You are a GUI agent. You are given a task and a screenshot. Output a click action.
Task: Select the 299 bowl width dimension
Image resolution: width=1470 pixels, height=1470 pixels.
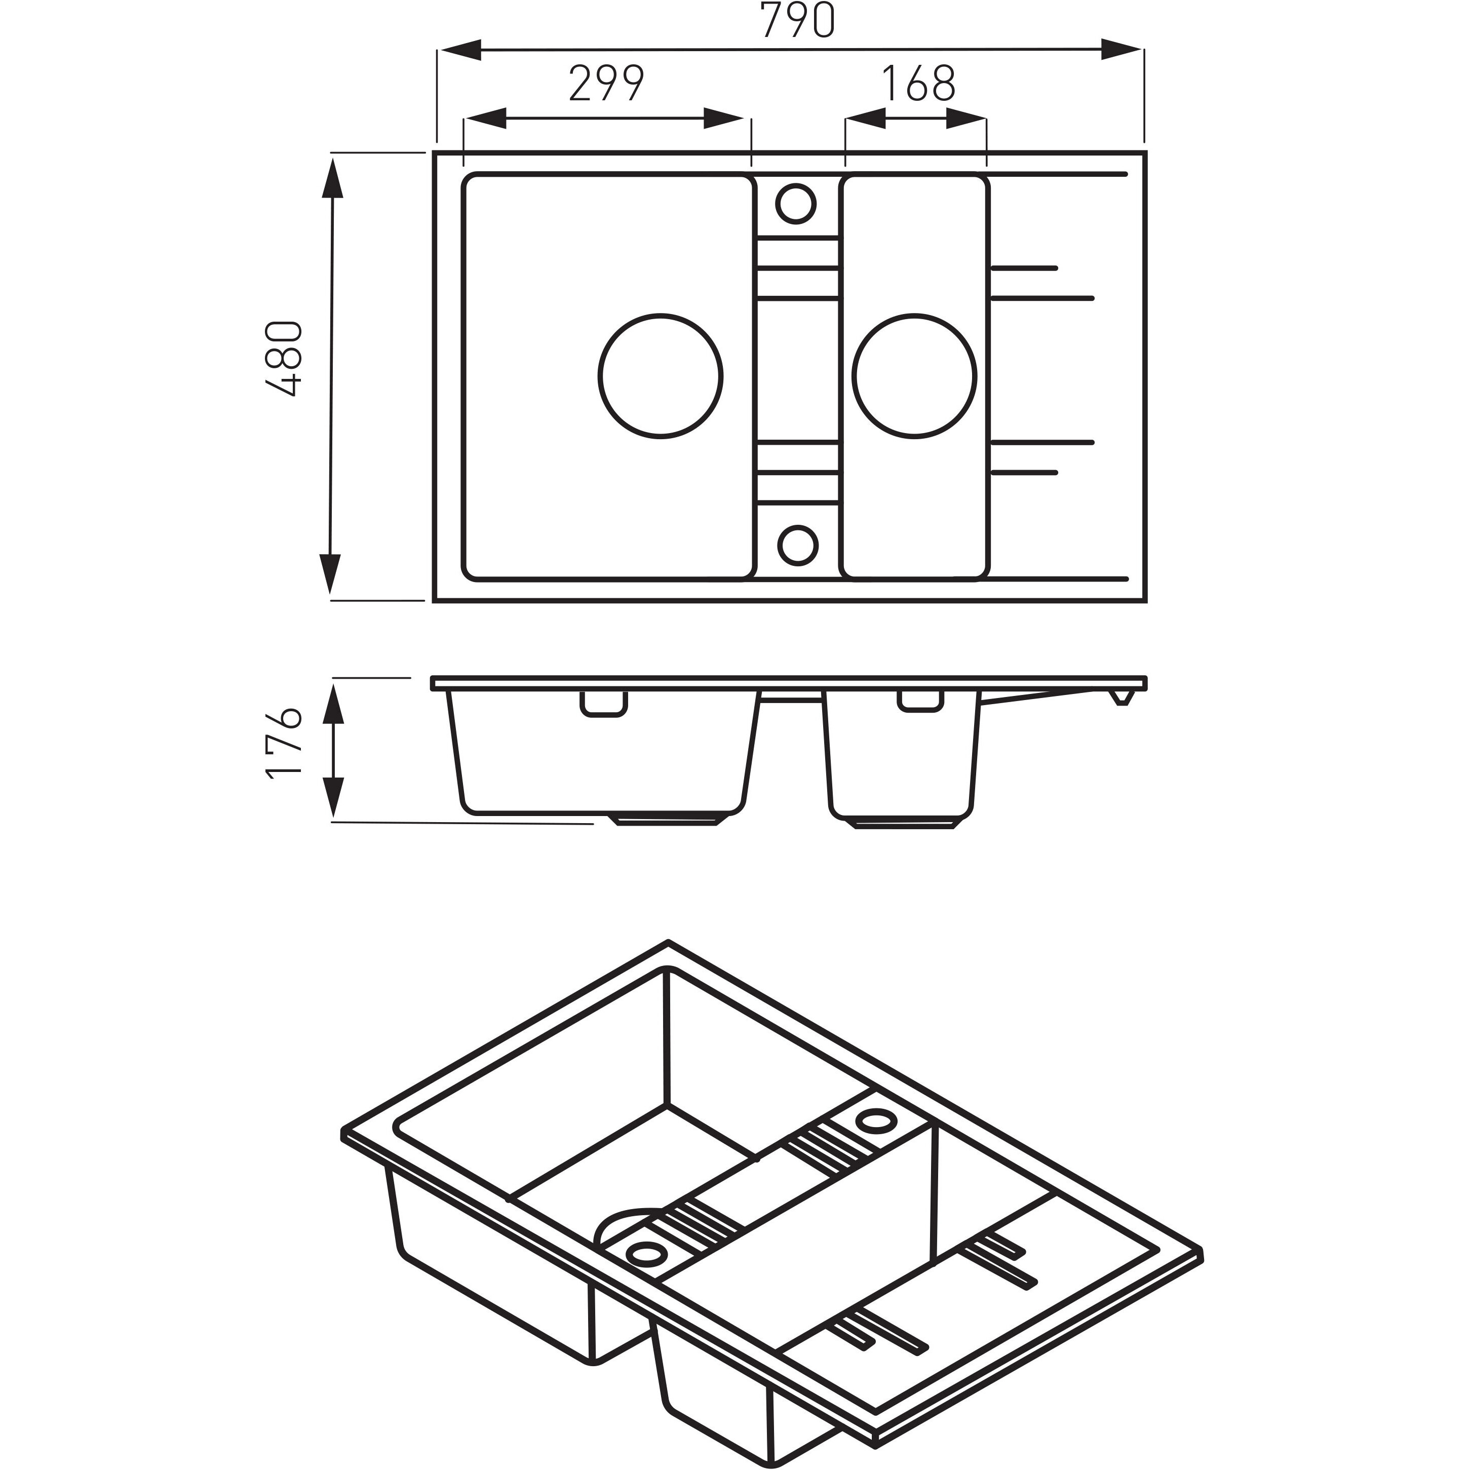[x=606, y=83]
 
